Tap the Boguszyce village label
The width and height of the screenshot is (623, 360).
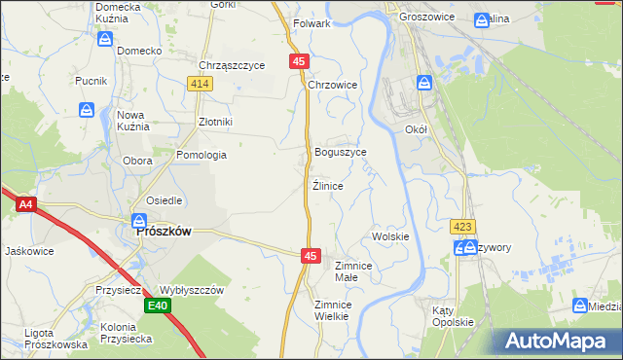tap(341, 153)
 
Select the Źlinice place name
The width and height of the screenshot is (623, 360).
tap(327, 185)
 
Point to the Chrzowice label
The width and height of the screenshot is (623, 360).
tap(334, 86)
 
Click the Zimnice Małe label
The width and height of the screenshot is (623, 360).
tap(353, 270)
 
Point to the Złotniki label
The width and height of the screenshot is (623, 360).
tap(215, 122)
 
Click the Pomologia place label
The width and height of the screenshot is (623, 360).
tap(202, 155)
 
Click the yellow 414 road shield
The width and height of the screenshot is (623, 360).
tap(201, 85)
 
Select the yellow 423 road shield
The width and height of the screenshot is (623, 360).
tap(463, 227)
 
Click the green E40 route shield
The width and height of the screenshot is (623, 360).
tap(159, 306)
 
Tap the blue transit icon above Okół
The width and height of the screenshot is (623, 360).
tap(424, 84)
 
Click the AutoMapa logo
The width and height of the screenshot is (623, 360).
tap(559, 341)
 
